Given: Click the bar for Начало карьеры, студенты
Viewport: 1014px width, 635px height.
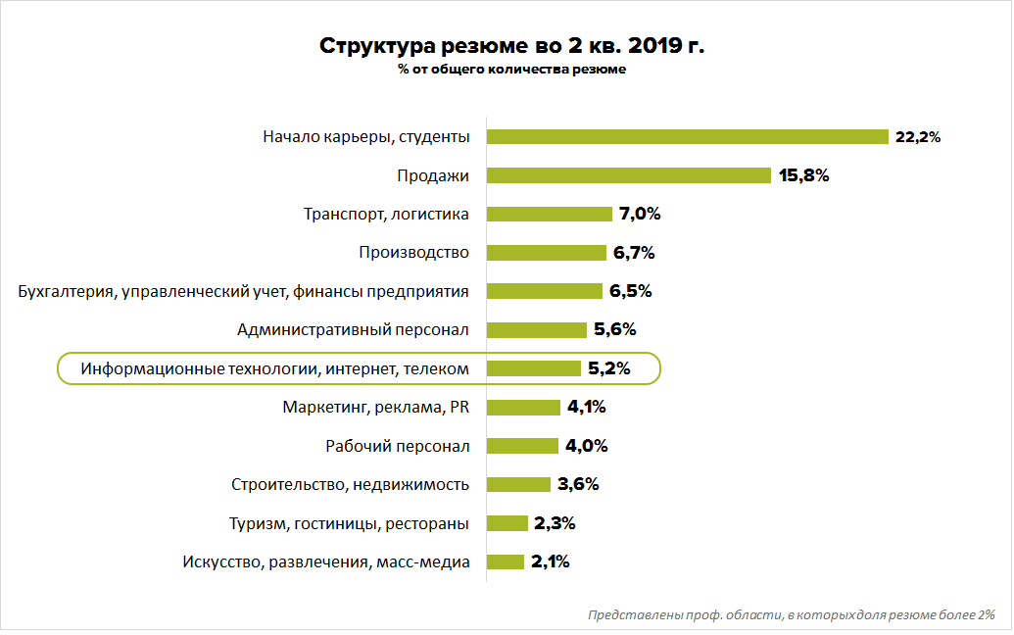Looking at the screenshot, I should click(687, 137).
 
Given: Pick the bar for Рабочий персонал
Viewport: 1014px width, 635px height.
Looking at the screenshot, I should click(523, 446).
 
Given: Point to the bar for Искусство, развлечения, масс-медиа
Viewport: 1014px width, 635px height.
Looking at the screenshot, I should click(506, 562).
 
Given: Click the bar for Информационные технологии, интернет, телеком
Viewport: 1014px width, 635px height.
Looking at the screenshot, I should click(534, 368).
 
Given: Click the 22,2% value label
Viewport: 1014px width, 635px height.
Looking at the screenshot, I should click(918, 137).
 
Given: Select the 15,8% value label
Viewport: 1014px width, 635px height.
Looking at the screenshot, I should click(804, 175).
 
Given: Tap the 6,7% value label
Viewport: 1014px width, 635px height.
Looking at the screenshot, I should click(634, 253).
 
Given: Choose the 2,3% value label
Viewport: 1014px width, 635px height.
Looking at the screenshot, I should click(555, 523).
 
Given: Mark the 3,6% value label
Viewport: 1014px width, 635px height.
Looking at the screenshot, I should click(578, 484).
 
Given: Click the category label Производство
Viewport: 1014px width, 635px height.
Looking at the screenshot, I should click(414, 253).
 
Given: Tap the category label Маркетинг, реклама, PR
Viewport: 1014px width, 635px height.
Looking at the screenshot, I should click(376, 408).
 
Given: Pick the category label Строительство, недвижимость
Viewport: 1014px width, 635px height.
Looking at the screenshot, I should click(351, 484).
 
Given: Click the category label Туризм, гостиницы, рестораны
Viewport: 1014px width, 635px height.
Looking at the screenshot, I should click(349, 523).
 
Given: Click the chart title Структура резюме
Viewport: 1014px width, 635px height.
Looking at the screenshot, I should click(512, 46).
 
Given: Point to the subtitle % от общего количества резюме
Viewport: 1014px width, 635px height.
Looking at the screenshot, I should click(512, 70).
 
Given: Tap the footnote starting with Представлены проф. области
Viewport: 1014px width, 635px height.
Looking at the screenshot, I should click(792, 615).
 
